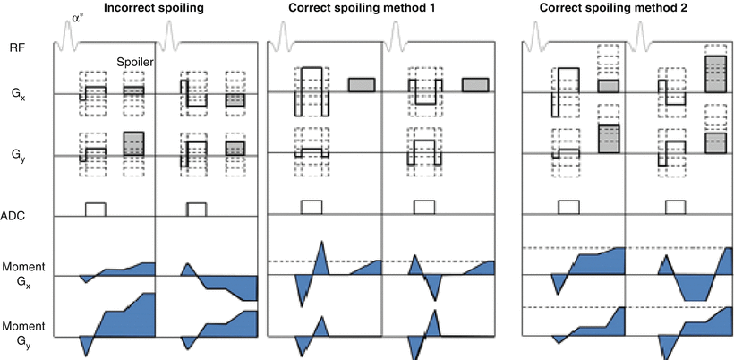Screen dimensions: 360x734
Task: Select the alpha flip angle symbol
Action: (x=76, y=16)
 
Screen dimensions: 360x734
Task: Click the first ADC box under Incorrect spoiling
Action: (x=96, y=208)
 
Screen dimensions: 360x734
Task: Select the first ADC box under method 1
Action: (x=312, y=207)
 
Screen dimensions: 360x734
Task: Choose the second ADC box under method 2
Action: (x=678, y=207)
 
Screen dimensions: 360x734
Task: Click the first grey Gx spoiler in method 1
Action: (x=361, y=84)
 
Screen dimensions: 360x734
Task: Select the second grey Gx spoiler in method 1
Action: (x=474, y=84)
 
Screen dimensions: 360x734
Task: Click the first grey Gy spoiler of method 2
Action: (x=609, y=140)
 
